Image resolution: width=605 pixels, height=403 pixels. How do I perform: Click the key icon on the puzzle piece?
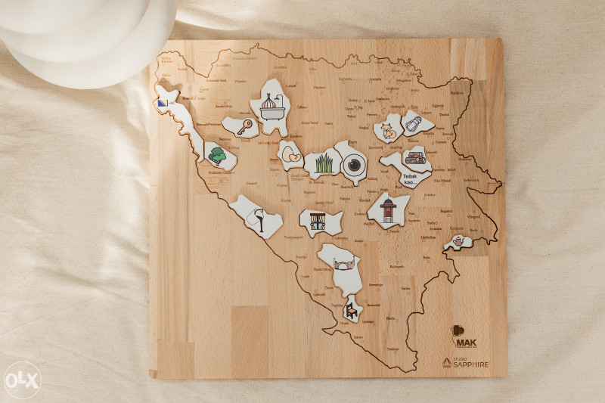tap(244, 127)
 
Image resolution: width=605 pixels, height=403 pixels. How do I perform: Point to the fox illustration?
tap(388, 130)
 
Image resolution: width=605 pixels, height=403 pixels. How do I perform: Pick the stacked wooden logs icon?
tap(414, 158)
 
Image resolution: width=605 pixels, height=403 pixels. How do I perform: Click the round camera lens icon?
tap(353, 165)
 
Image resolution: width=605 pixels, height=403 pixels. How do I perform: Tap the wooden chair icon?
tap(352, 309)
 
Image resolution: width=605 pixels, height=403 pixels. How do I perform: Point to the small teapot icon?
tap(458, 241)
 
